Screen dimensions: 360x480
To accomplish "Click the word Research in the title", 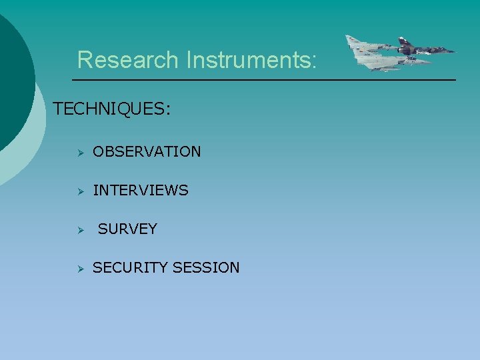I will click(128, 60).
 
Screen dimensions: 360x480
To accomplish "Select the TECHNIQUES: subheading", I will click(111, 109).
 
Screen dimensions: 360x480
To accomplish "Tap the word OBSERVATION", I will click(147, 152).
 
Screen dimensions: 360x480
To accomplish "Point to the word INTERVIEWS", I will click(141, 191).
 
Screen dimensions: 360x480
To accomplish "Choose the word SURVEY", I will click(127, 229).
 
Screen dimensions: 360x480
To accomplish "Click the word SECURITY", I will click(130, 268).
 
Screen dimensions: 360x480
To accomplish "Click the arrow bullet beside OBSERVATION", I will click(78, 153).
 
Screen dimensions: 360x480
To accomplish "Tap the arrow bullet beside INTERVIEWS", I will click(78, 191).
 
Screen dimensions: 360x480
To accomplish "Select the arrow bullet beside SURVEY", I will click(78, 230).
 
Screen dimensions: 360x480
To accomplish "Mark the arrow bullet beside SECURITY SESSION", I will click(78, 269).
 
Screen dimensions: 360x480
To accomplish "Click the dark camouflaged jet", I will click(420, 49).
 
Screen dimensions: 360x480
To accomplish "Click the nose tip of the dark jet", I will click(455, 51).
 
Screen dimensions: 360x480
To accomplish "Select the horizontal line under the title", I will click(263, 80).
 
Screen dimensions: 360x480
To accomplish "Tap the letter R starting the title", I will click(85, 60).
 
